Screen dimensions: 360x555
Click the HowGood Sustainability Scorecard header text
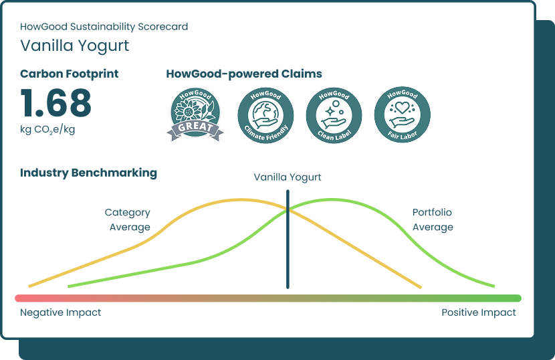[104, 27]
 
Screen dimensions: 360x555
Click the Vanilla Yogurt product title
[74, 46]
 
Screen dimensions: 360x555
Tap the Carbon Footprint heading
[69, 74]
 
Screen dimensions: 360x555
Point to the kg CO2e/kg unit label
[47, 129]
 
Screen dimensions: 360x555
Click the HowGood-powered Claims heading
[243, 74]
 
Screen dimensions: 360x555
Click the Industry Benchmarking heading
[88, 173]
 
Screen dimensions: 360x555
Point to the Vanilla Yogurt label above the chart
[288, 177]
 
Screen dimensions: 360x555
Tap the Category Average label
[128, 219]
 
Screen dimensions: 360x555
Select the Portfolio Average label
[433, 219]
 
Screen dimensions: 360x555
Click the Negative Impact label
[60, 312]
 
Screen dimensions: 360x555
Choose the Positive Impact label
[479, 312]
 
